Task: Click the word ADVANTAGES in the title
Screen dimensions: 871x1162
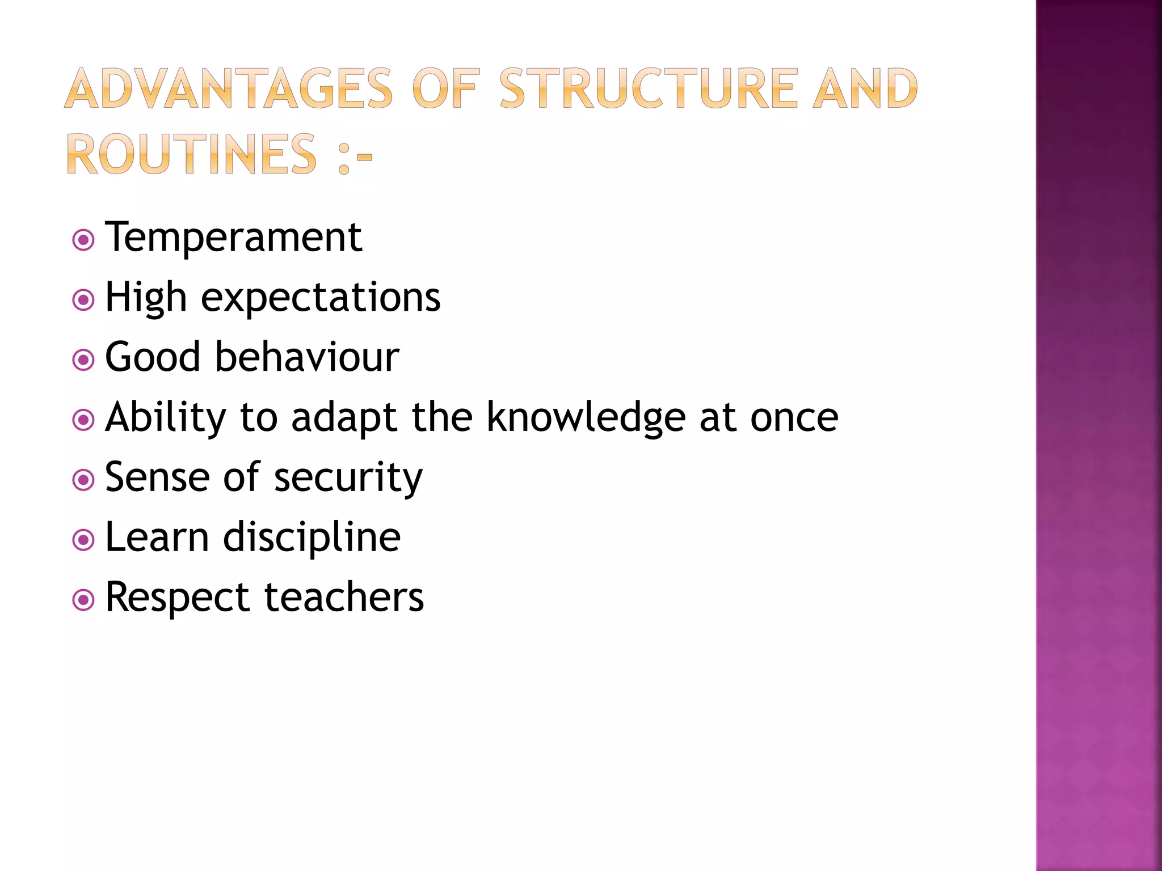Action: point(229,88)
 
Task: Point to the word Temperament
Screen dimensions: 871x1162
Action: point(233,237)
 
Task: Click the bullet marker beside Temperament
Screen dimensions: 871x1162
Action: point(83,240)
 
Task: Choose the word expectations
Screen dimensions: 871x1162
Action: point(321,298)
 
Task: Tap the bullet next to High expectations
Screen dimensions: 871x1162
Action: point(83,300)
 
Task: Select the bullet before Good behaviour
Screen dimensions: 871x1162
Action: point(83,360)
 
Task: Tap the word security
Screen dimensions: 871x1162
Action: point(348,478)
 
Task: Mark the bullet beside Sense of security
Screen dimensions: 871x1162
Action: point(83,480)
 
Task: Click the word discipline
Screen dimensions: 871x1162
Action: point(311,538)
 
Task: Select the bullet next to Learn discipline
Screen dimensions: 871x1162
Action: point(83,540)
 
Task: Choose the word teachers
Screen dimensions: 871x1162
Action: point(344,598)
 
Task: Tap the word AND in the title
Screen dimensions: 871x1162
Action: point(865,88)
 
